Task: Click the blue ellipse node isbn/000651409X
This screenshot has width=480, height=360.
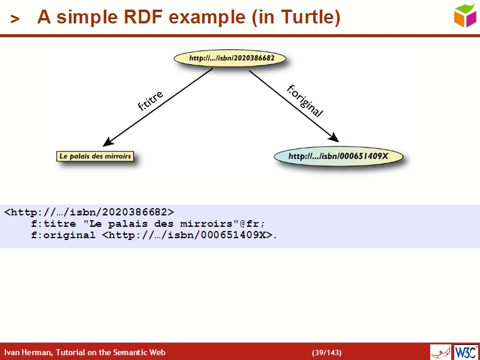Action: coord(338,157)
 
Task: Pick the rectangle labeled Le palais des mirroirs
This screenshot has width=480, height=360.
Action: coord(95,157)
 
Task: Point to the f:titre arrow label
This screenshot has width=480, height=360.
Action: coord(150,101)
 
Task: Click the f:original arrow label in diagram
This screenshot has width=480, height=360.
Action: coord(305,100)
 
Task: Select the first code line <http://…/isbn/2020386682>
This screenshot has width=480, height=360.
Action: coord(89,212)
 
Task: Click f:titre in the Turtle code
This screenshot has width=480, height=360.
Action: coord(53,223)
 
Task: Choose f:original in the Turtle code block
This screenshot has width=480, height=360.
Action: coord(63,235)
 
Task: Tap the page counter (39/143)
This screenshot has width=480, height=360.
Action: coord(326,352)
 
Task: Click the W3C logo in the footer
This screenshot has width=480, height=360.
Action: coord(466,352)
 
